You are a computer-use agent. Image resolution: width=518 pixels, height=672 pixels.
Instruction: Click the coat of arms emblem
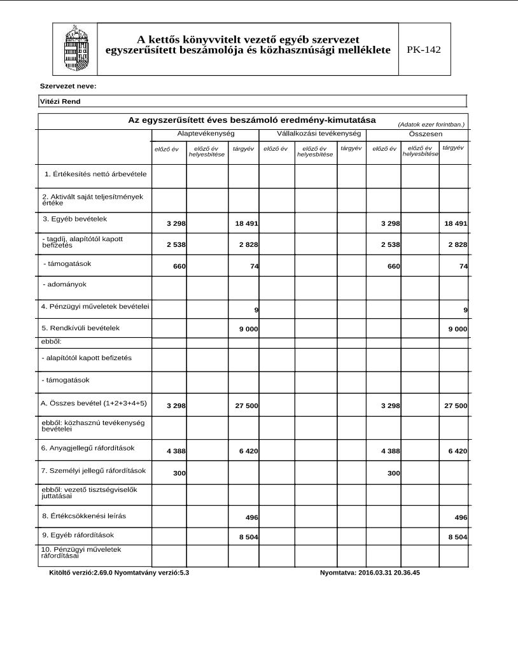click(75, 48)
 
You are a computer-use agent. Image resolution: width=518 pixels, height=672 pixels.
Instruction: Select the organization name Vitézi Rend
click(60, 101)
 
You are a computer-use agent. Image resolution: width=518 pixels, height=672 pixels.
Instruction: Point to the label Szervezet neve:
click(68, 86)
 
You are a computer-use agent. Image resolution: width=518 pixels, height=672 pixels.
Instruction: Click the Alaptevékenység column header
click(206, 134)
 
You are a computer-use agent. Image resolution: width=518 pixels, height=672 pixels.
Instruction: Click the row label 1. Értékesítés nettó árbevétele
click(95, 174)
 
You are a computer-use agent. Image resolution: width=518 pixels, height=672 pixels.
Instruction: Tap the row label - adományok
click(64, 284)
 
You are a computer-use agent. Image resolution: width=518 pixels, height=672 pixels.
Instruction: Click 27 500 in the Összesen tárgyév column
click(456, 405)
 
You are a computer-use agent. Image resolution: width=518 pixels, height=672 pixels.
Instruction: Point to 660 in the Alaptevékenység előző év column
click(179, 266)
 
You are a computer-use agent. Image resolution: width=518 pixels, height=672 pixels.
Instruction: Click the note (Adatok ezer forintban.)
click(431, 125)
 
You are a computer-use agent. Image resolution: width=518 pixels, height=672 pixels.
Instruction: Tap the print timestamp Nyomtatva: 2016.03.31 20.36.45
click(370, 573)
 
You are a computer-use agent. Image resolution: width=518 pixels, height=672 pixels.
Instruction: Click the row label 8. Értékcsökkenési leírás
click(88, 515)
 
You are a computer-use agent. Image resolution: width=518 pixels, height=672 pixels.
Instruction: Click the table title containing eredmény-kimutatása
click(252, 120)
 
